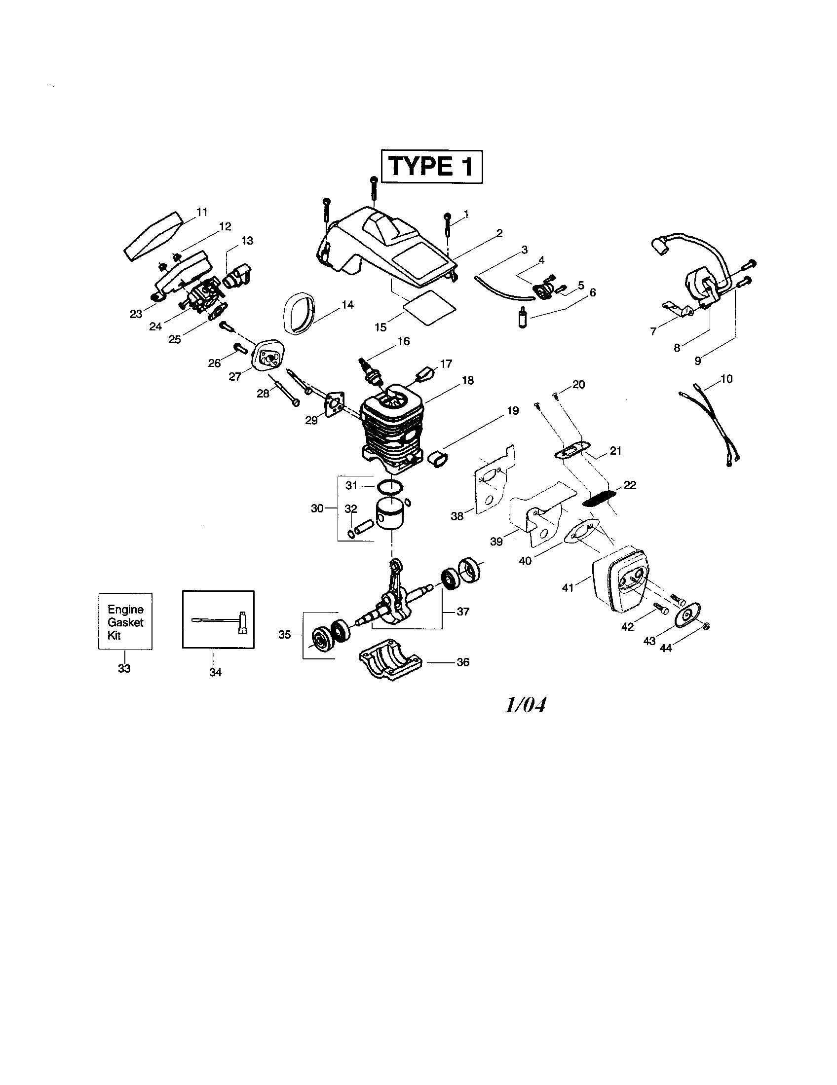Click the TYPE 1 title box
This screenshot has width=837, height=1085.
431,166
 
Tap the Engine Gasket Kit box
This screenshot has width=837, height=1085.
125,621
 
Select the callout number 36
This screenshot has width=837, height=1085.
463,662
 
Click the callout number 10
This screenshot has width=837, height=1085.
726,379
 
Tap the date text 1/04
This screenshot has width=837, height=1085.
526,704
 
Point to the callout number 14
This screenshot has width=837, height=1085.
347,304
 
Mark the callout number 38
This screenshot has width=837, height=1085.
457,516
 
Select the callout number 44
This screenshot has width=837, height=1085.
666,649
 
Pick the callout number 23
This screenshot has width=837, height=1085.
136,314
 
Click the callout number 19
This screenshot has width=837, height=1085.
513,410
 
